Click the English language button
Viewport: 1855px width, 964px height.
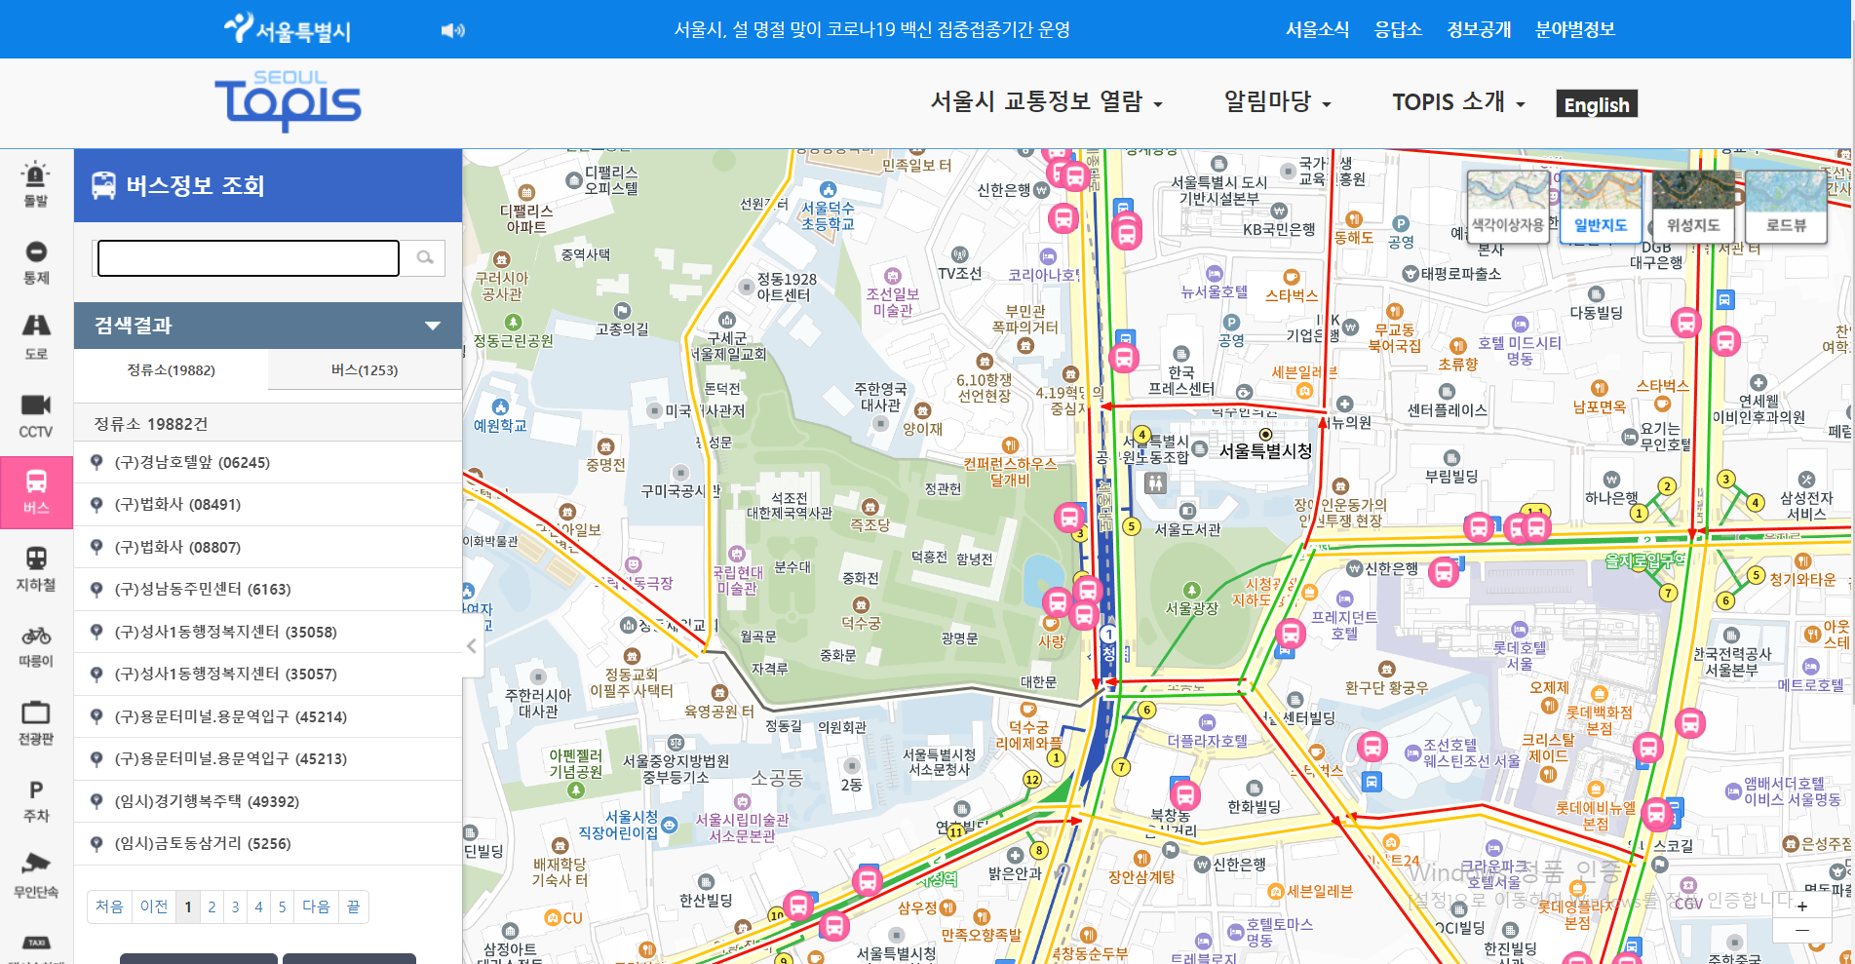(1596, 104)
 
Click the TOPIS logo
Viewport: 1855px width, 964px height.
(288, 100)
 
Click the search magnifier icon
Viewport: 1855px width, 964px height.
(425, 257)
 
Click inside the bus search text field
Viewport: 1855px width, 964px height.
(249, 258)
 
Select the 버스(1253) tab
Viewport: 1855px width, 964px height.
(364, 370)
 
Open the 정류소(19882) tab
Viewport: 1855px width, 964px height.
(171, 370)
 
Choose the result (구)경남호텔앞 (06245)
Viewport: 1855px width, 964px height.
(192, 462)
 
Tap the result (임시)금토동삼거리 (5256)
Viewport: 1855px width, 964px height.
(203, 843)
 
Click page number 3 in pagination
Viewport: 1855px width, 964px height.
(235, 906)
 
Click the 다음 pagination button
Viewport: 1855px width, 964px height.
(316, 906)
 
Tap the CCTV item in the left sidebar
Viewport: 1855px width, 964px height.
(36, 415)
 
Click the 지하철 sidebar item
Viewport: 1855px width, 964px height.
(36, 569)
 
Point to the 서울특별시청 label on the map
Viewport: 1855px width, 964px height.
(1265, 450)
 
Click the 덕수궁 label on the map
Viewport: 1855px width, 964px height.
(861, 623)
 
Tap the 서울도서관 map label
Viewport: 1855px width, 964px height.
(1187, 529)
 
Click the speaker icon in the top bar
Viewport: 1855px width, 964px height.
(452, 30)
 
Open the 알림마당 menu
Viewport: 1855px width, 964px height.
(1277, 102)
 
